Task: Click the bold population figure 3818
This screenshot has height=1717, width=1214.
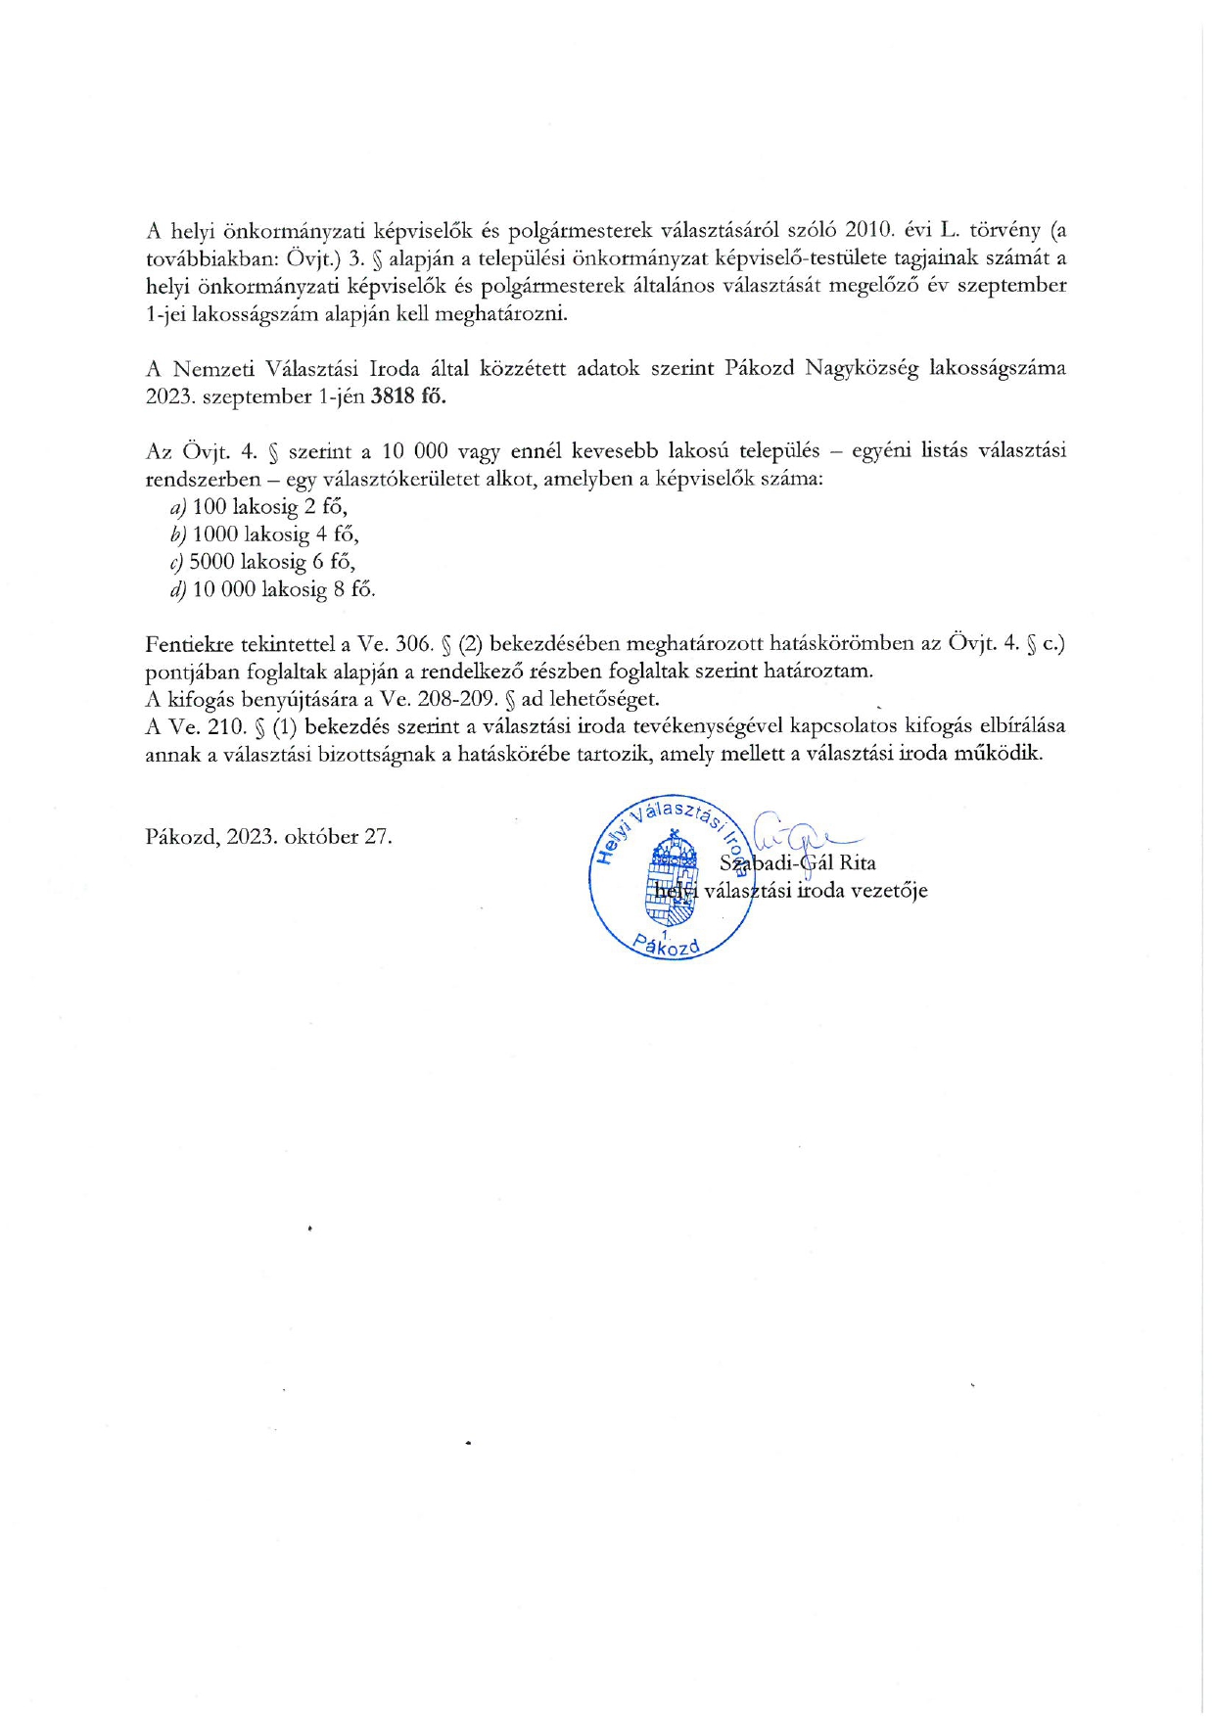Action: pyautogui.click(x=391, y=396)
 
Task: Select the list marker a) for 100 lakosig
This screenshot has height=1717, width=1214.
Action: pyautogui.click(x=177, y=507)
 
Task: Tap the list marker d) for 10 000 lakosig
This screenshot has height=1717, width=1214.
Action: pyautogui.click(x=177, y=589)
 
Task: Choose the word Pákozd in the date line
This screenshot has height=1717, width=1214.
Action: pyautogui.click(x=181, y=837)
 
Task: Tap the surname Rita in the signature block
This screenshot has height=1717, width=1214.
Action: pyautogui.click(x=858, y=863)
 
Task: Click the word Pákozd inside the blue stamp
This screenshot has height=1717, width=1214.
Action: pyautogui.click(x=668, y=947)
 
